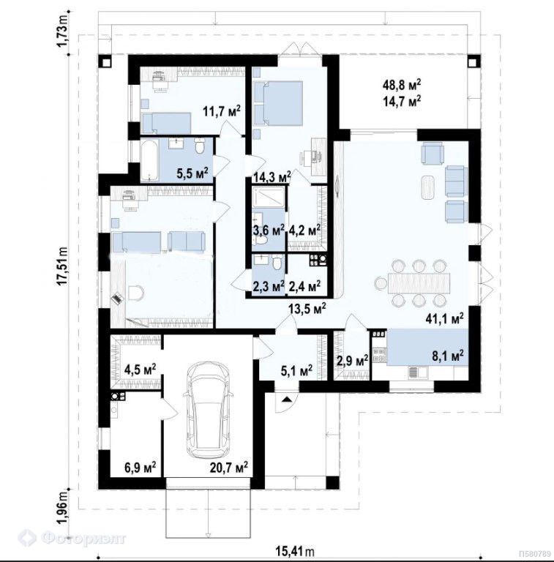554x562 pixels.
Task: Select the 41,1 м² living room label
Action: (x=446, y=318)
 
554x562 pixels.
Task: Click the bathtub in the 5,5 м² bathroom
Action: (x=149, y=160)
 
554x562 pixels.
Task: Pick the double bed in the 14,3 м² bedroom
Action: (x=278, y=103)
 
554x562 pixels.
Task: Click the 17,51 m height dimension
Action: (x=63, y=266)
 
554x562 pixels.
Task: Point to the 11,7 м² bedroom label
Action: (x=222, y=111)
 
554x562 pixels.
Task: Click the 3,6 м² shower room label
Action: (x=269, y=230)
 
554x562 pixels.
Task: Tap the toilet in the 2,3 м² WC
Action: (x=277, y=263)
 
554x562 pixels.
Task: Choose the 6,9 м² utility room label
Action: (x=140, y=467)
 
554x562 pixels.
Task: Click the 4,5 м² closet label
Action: (x=140, y=369)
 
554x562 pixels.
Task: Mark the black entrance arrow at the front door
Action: (x=286, y=399)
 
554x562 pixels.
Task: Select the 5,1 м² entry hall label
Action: (x=296, y=370)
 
